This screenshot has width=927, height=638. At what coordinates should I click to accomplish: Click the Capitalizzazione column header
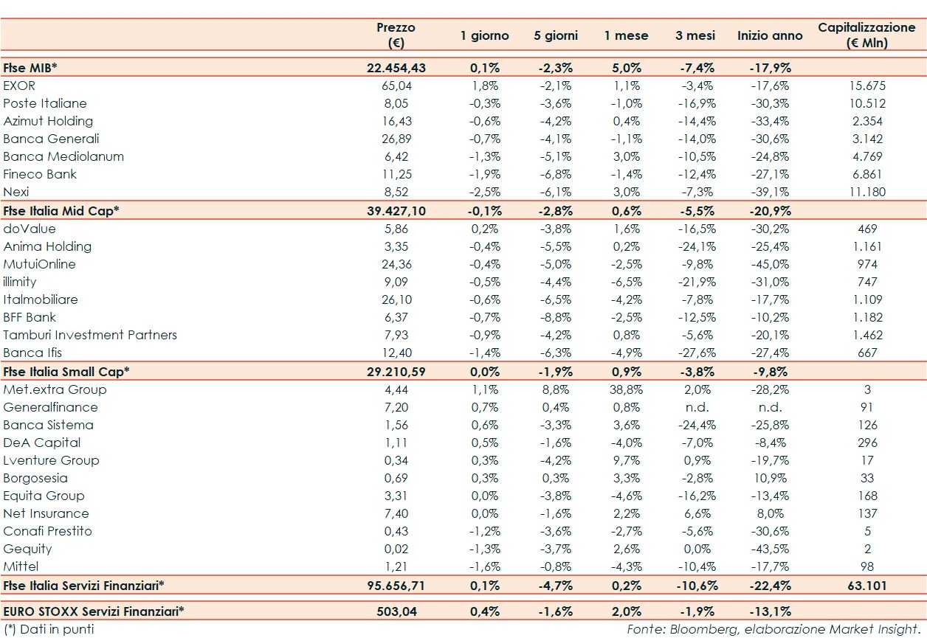click(866, 35)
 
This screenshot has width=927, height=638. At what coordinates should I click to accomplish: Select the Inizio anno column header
click(770, 35)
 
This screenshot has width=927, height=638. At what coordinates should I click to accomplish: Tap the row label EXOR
click(19, 86)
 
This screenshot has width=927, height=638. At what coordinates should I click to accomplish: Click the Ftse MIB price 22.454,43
click(396, 68)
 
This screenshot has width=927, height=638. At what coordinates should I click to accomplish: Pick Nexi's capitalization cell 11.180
click(867, 192)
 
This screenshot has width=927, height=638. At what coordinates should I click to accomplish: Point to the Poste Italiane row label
click(45, 103)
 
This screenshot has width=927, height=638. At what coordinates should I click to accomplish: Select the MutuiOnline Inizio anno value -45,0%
click(770, 264)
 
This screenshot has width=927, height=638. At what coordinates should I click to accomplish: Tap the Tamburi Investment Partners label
click(90, 335)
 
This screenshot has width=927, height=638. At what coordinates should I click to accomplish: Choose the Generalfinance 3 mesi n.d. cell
click(695, 407)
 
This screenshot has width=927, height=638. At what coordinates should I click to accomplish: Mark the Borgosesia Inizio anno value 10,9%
click(770, 478)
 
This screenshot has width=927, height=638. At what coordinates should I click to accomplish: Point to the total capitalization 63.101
click(867, 586)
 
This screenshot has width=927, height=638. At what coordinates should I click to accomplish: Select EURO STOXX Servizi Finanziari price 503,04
click(396, 611)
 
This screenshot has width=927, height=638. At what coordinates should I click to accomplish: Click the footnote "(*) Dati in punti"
click(49, 629)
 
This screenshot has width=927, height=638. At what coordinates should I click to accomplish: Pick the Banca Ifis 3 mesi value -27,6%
click(695, 353)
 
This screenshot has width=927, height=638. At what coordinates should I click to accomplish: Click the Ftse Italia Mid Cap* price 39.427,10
click(396, 210)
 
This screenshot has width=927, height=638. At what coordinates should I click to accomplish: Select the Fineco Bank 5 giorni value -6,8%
click(555, 174)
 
